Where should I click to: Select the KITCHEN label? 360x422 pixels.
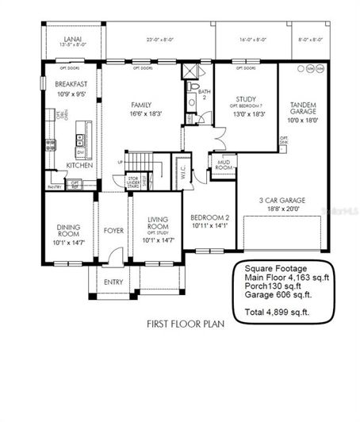[x=79, y=166]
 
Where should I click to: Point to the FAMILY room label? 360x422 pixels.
[x=142, y=104]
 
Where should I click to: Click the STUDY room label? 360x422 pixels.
[x=244, y=100]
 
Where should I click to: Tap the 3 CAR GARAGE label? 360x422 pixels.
[x=284, y=201]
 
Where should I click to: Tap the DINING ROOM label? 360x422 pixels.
[x=67, y=230]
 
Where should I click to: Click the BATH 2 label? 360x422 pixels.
[x=203, y=94]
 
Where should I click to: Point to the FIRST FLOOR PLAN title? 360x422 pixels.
[x=181, y=324]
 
